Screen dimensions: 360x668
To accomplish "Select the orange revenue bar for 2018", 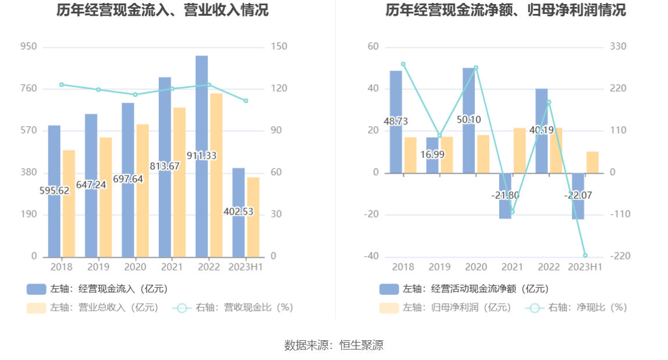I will pyautogui.click(x=69, y=204).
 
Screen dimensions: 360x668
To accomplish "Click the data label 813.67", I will pyautogui.click(x=165, y=166).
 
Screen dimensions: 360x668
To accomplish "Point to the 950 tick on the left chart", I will pyautogui.click(x=29, y=47).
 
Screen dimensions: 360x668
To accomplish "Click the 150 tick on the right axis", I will pyautogui.click(x=279, y=47).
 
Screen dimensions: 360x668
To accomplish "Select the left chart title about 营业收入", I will pyautogui.click(x=162, y=10).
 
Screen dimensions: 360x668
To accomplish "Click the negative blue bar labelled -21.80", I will pyautogui.click(x=505, y=204).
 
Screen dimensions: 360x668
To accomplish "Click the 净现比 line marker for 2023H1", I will pyautogui.click(x=585, y=255).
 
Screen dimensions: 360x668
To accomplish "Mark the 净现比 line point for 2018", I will pyautogui.click(x=403, y=65).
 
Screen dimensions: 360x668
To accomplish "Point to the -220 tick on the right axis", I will pyautogui.click(x=620, y=256).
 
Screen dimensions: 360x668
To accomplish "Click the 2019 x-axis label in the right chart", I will pyautogui.click(x=439, y=267).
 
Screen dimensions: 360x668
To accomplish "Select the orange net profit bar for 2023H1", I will pyautogui.click(x=592, y=162).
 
